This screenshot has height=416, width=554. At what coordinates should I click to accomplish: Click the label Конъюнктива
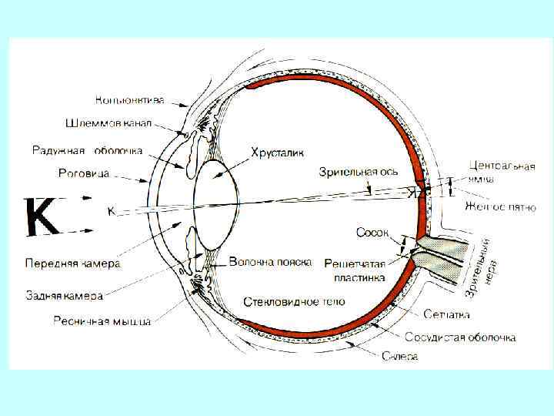pos(129,99)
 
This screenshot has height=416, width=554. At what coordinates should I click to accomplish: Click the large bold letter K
pos(42,217)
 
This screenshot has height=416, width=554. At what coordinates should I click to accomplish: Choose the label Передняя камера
pos(72,263)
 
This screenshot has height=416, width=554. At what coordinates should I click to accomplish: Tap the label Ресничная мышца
pos(102,320)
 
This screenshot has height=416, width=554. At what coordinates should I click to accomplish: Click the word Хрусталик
pos(272,153)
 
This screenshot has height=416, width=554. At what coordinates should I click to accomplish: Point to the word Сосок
pos(372,232)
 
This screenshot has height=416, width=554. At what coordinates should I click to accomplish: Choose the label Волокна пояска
pos(270,263)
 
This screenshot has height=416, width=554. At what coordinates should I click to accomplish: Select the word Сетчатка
pos(446,315)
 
